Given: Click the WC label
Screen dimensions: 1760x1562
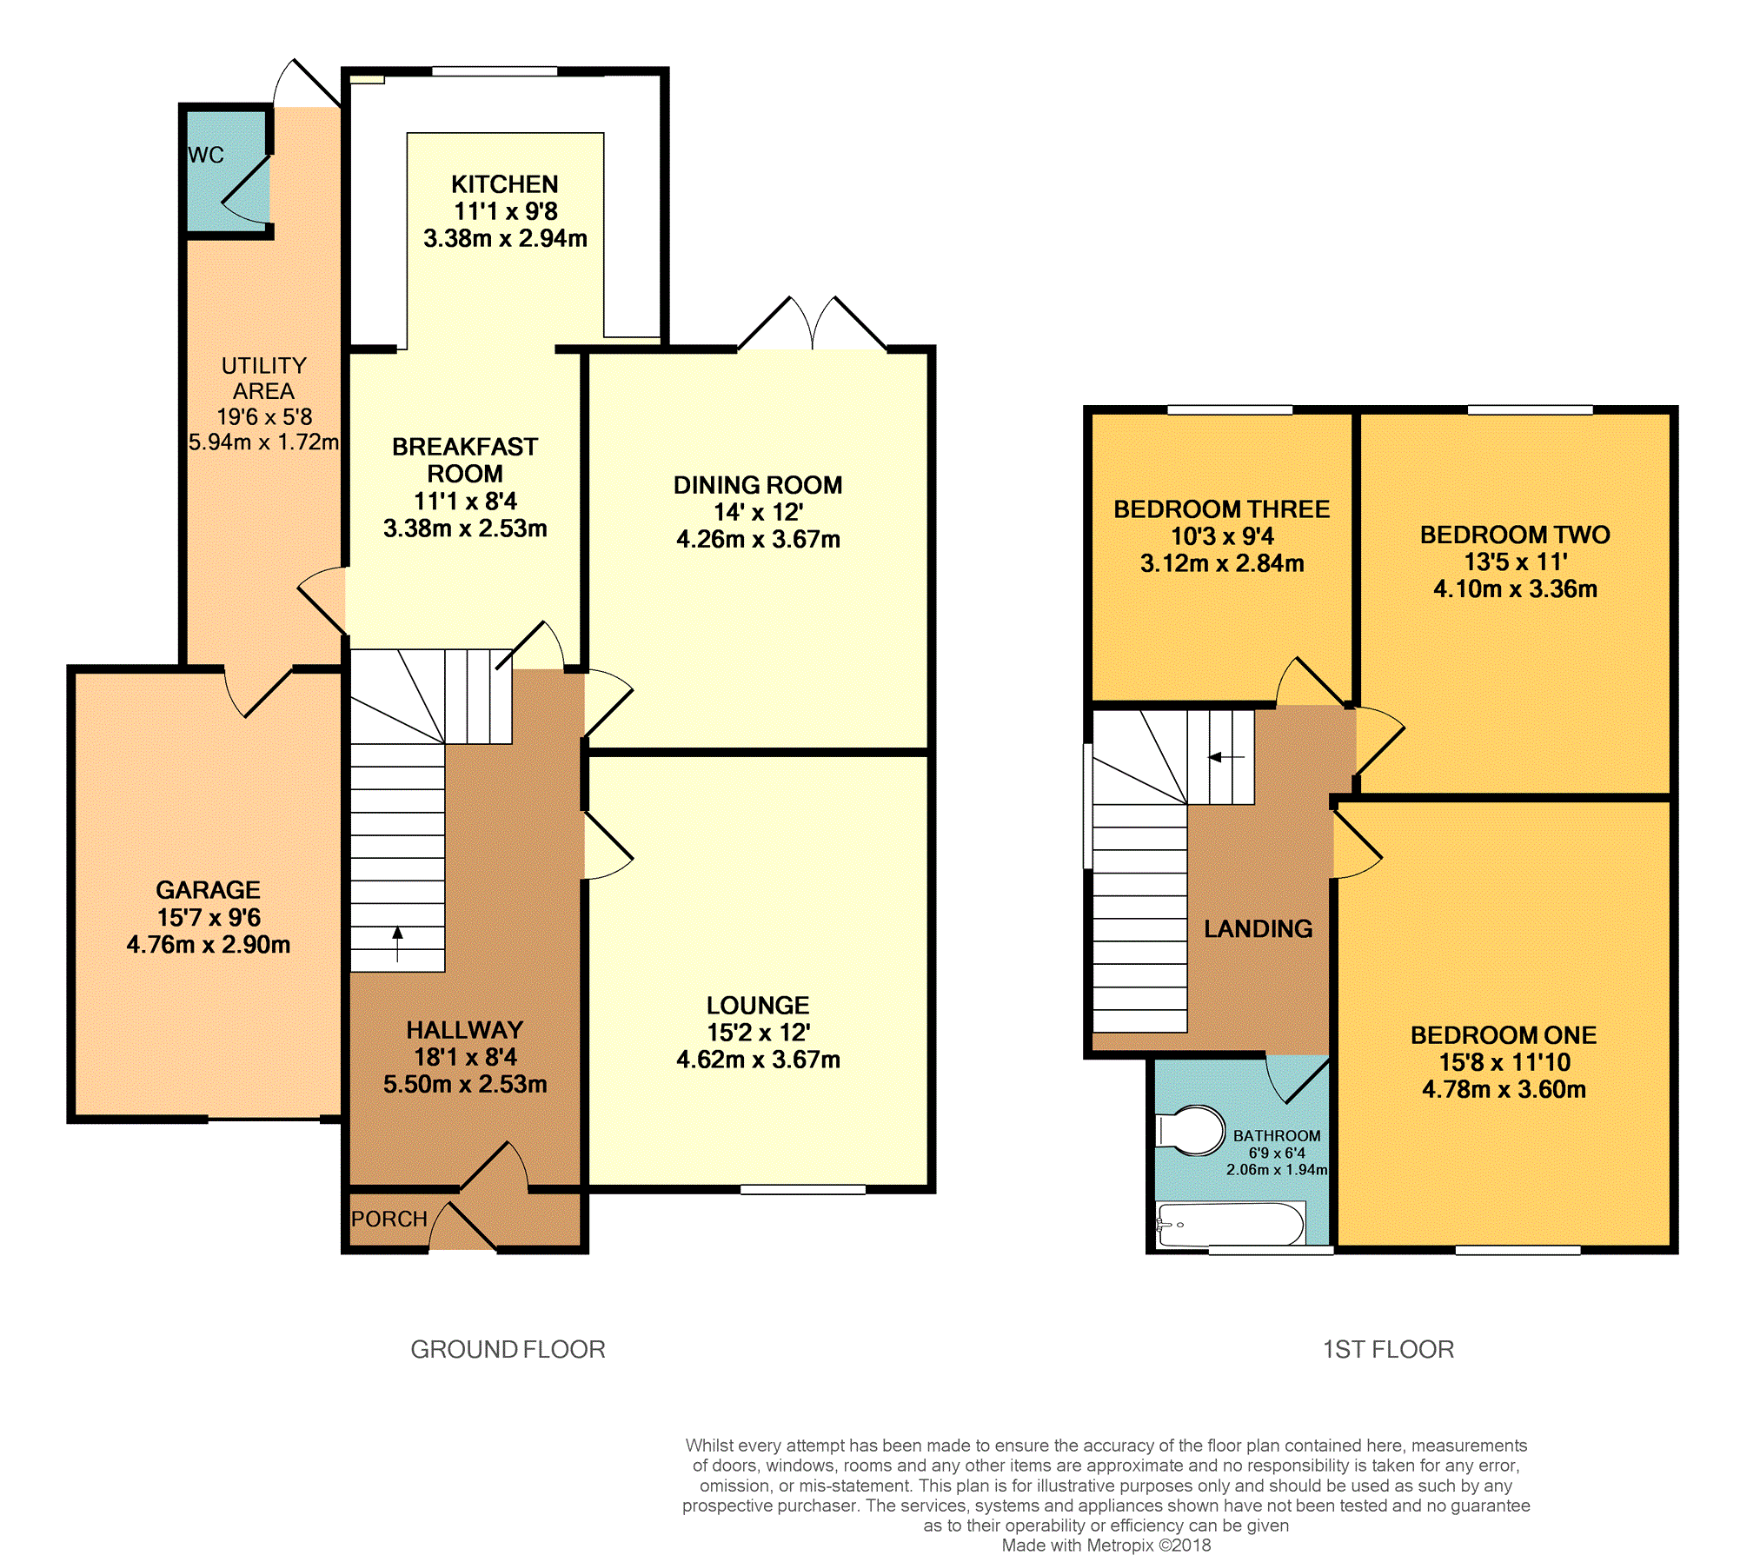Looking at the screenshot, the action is click(206, 155).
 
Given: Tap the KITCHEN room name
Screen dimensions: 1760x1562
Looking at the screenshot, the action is click(505, 184).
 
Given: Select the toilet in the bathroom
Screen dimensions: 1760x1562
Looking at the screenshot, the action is click(1190, 1130).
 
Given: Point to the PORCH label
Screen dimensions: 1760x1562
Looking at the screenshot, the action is click(389, 1219).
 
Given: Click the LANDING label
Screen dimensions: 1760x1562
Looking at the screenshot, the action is click(1258, 928).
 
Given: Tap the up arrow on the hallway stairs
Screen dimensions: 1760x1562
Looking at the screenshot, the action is click(398, 944).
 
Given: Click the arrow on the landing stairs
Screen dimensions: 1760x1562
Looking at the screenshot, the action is click(1226, 757).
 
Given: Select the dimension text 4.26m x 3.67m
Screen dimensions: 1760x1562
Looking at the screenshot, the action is click(758, 539).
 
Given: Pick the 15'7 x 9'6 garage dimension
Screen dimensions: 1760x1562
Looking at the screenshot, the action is click(209, 917).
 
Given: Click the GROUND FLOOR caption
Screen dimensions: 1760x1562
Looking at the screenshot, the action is click(508, 1349).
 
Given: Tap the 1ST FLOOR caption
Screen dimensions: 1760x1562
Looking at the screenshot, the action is click(1388, 1349).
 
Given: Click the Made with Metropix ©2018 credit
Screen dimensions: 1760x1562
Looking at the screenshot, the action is click(1106, 1545).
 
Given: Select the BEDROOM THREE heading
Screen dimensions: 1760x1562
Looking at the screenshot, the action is click(1222, 509).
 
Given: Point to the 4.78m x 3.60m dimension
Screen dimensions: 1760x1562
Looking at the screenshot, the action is click(1504, 1089).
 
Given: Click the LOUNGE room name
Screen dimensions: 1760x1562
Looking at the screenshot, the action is click(758, 1006).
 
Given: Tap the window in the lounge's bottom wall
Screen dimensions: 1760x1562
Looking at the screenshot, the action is click(803, 1189).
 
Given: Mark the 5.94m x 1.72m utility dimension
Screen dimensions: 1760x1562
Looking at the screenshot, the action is click(264, 442).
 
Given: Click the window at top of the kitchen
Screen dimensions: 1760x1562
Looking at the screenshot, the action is click(495, 71).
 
